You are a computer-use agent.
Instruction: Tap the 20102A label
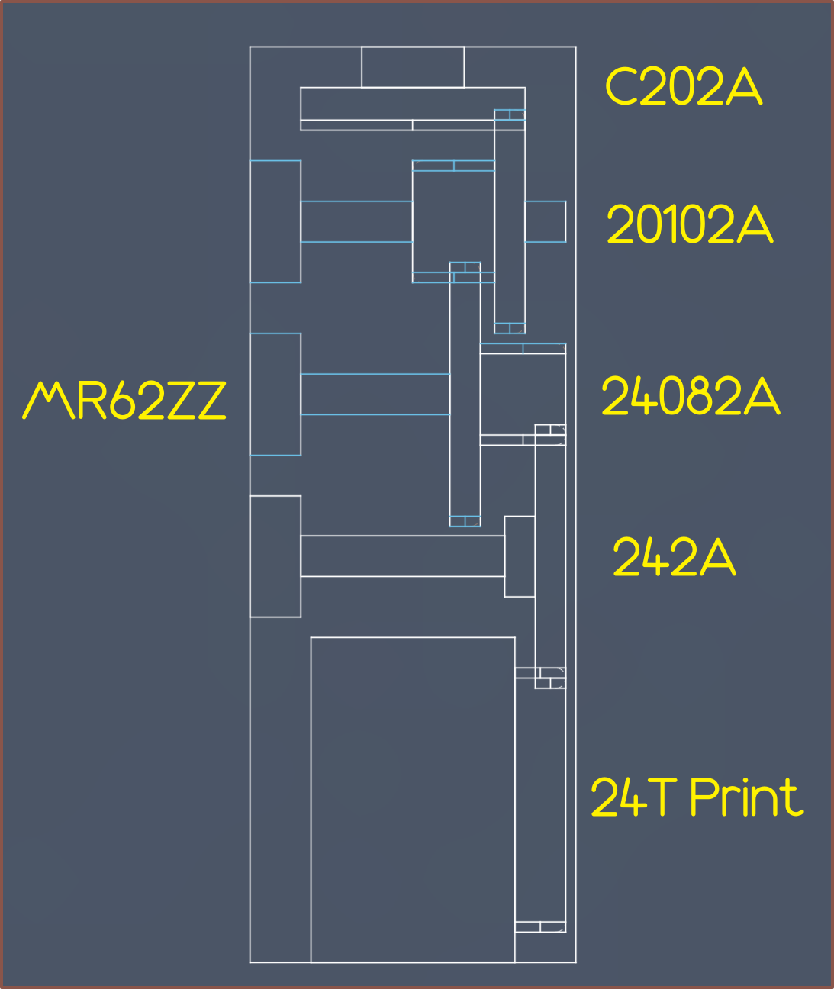click(690, 224)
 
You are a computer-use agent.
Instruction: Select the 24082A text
click(691, 395)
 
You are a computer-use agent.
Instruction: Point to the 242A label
click(675, 556)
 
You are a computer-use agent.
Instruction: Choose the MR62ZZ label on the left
click(124, 400)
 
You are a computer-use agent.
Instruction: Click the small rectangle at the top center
click(413, 67)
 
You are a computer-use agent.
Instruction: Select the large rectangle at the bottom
click(413, 800)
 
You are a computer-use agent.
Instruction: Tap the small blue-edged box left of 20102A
click(545, 221)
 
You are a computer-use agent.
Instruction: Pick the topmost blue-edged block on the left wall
click(275, 221)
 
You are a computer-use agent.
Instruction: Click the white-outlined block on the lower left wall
click(275, 556)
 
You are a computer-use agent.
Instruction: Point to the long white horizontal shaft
click(403, 556)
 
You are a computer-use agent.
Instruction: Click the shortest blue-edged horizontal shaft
click(356, 221)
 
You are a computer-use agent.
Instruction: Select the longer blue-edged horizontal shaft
click(375, 394)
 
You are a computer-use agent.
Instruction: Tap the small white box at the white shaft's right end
click(520, 556)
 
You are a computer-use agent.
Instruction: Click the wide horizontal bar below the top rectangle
click(413, 108)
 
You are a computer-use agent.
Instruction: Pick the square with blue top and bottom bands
click(453, 221)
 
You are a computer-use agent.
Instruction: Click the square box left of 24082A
click(523, 394)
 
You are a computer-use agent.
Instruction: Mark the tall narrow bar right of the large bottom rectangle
click(540, 800)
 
